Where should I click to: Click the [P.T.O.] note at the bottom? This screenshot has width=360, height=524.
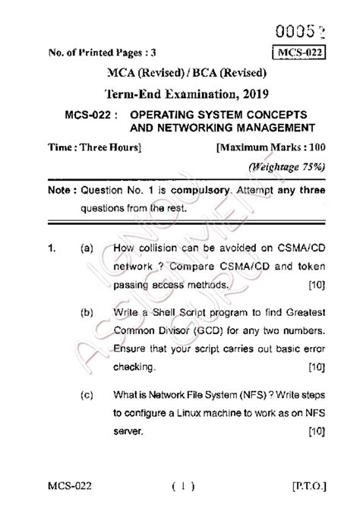(x=305, y=505)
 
